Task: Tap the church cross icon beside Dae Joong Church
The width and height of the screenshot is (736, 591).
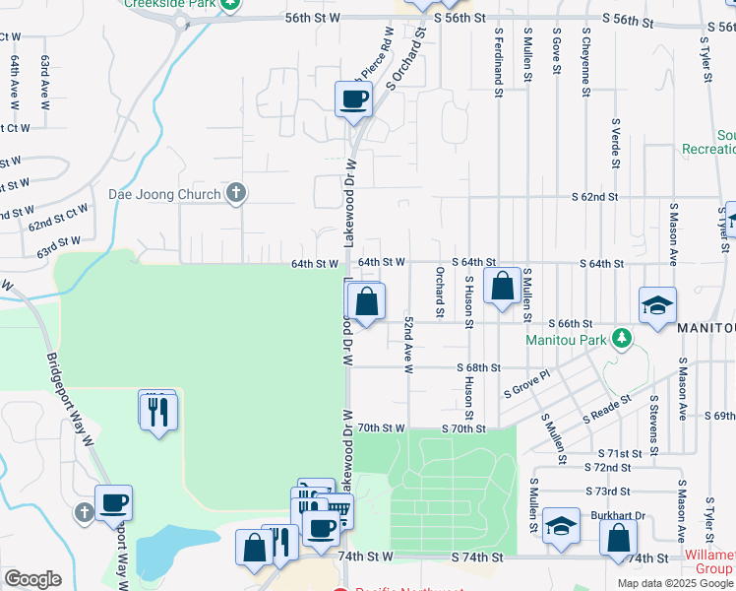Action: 235,193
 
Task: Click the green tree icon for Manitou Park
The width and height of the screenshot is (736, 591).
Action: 621,340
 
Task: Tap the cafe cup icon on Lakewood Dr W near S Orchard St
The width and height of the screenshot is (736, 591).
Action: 353,98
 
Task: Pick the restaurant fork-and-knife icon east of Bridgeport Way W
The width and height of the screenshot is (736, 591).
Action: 159,411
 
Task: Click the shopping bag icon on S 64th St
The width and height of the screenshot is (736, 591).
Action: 502,288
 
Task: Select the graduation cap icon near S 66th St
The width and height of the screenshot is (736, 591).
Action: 657,305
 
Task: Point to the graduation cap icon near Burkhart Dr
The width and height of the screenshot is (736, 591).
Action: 561,528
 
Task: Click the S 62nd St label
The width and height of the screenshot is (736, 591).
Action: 595,197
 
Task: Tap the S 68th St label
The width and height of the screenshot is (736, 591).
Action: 479,367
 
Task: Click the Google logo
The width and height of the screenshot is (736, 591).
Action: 32,578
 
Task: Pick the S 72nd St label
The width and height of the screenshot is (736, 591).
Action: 607,467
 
